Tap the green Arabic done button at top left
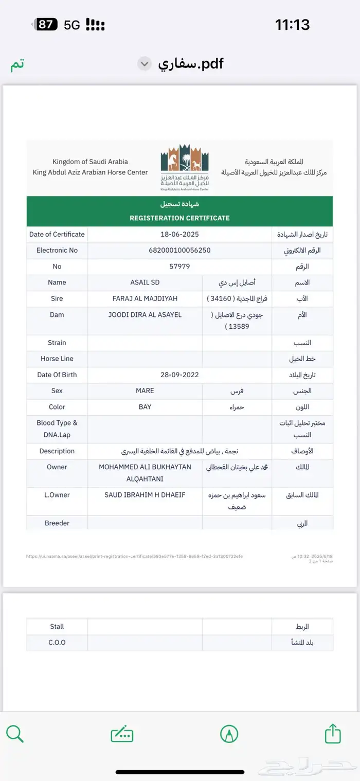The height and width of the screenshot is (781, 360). point(17,64)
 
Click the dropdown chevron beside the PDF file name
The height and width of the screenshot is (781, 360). point(145,64)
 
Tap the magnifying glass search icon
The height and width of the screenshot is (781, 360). point(15,733)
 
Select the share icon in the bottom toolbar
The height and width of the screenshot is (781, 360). point(333,733)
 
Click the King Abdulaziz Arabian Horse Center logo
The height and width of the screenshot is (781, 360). point(185,168)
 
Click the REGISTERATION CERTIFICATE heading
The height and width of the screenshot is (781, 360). point(179,218)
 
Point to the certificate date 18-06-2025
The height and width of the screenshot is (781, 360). point(179,235)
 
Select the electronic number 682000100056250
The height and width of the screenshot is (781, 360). point(179,251)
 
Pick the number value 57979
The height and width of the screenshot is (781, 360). point(179,267)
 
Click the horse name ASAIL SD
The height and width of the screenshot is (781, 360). point(145,282)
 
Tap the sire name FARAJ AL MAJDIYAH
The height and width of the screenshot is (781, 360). point(145,298)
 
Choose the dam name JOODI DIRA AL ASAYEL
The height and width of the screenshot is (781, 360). point(145,315)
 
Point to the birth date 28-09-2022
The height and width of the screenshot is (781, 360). point(179,375)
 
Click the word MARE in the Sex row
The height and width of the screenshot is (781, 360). point(145,391)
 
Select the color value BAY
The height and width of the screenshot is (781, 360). point(145,407)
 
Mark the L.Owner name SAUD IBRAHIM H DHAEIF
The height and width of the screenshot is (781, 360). point(145,495)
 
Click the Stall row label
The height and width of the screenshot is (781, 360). point(57,627)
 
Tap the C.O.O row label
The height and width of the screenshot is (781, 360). point(57,643)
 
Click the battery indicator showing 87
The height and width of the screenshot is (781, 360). point(45,24)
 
